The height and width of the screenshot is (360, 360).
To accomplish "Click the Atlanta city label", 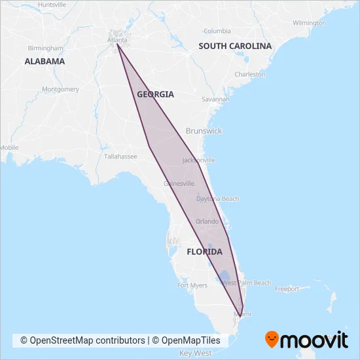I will (x=117, y=39).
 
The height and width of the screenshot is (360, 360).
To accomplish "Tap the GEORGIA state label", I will (x=155, y=94).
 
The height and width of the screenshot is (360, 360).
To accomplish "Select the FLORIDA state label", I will (x=204, y=252).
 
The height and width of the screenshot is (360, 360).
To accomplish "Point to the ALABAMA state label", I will (x=45, y=61).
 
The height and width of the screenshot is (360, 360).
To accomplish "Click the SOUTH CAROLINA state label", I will (x=235, y=46).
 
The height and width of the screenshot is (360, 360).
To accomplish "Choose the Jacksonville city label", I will (x=198, y=160).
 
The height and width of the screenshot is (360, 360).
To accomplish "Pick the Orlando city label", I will (x=207, y=221).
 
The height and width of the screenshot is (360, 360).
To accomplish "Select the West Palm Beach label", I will (x=247, y=283).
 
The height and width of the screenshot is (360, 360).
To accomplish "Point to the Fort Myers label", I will (x=192, y=285).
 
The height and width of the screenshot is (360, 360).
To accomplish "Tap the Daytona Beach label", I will (x=218, y=198).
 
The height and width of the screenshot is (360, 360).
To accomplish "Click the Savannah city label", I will (x=215, y=99).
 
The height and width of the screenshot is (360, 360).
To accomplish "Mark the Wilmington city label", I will (x=310, y=23).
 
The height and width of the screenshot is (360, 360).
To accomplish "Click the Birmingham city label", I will (x=46, y=48).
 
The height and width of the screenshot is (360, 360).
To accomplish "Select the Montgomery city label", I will (x=60, y=89).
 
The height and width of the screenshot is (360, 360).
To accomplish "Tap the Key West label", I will (x=195, y=353).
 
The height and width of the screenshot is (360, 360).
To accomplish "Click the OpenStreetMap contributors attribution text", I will (x=82, y=340).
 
